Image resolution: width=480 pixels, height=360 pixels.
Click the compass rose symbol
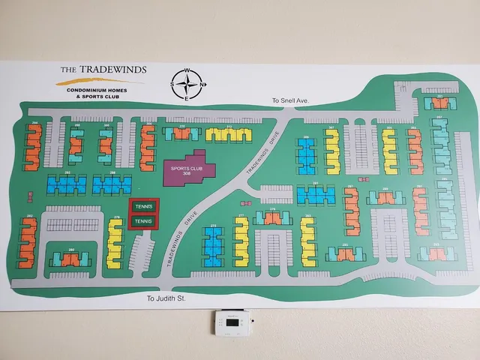(189, 84)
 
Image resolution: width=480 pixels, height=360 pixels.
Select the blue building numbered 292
(67, 184)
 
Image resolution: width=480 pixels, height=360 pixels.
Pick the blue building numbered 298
(112, 184)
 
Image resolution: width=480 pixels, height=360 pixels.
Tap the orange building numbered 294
(33, 147)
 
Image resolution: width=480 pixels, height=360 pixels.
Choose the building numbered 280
(70, 259)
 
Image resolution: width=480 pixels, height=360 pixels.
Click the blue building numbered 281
(316, 195)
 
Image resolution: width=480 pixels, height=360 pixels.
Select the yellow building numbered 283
(307, 241)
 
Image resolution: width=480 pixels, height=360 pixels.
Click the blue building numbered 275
(214, 246)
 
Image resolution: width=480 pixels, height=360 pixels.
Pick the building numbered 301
(440, 103)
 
